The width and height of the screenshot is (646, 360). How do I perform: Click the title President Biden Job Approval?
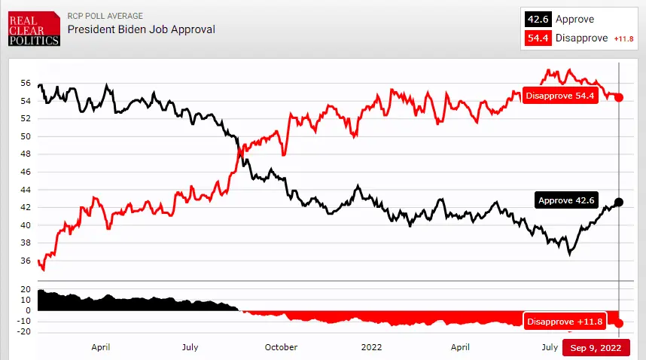click(x=142, y=29)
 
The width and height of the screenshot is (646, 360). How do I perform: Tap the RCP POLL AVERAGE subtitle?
click(x=105, y=16)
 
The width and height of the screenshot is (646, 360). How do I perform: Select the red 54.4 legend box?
click(x=538, y=38)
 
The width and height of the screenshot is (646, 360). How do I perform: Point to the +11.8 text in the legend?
click(x=623, y=39)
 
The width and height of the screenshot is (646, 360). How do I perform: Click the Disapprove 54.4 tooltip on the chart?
click(x=560, y=96)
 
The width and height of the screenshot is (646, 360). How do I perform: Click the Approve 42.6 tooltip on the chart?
click(x=566, y=200)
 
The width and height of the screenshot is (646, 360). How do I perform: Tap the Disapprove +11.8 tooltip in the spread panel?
click(x=565, y=322)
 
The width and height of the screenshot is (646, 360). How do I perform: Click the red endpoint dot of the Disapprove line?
click(x=619, y=97)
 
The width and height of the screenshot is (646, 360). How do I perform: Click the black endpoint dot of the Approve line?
click(x=619, y=202)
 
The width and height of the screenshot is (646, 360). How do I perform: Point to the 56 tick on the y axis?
click(x=26, y=84)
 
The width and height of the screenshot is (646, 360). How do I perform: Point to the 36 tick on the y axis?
click(x=26, y=261)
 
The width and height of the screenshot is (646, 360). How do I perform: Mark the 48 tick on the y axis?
click(x=26, y=154)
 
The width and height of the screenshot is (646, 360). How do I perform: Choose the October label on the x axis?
click(x=280, y=347)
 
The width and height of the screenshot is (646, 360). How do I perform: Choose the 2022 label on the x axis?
click(x=372, y=347)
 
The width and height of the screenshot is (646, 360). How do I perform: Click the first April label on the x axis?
click(x=101, y=347)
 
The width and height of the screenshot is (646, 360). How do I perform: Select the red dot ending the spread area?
click(x=619, y=323)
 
